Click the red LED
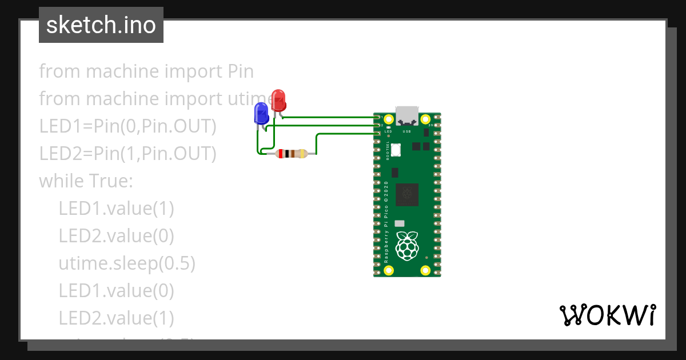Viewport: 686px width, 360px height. pyautogui.click(x=278, y=101)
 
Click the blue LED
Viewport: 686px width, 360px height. pyautogui.click(x=261, y=113)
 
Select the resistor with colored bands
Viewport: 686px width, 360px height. pyautogui.click(x=290, y=153)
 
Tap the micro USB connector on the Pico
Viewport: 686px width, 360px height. pyautogui.click(x=407, y=116)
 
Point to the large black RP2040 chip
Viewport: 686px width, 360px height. pyautogui.click(x=407, y=194)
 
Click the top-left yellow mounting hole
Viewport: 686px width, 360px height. pyautogui.click(x=389, y=119)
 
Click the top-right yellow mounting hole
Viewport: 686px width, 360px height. pyautogui.click(x=425, y=119)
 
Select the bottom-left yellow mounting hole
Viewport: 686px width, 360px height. pyautogui.click(x=389, y=270)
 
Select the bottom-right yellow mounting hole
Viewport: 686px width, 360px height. pyautogui.click(x=425, y=270)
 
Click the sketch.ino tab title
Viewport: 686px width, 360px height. pyautogui.click(x=101, y=25)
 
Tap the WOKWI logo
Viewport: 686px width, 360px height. pyautogui.click(x=607, y=315)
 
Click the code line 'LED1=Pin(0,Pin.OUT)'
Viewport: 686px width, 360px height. pyautogui.click(x=127, y=126)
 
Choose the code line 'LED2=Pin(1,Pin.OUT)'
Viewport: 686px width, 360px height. pyautogui.click(x=127, y=154)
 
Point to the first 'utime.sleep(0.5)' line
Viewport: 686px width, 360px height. pyautogui.click(x=127, y=263)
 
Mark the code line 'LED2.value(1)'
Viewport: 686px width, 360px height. pyautogui.click(x=116, y=318)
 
